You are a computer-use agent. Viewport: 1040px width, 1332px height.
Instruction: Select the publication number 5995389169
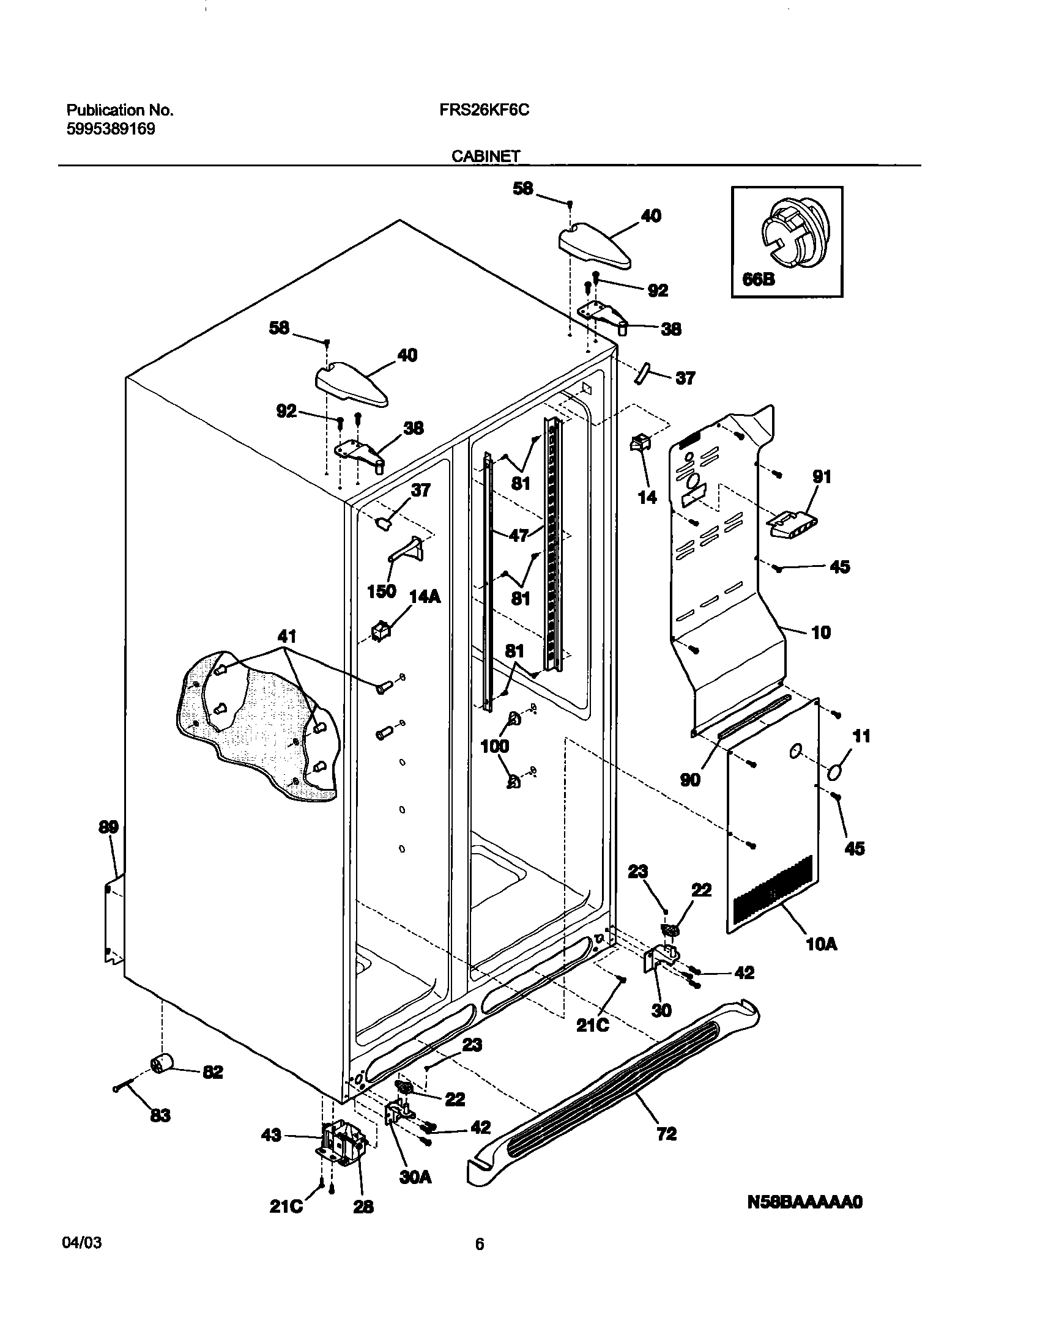point(110,129)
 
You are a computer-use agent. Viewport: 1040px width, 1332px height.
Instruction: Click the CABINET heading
point(486,157)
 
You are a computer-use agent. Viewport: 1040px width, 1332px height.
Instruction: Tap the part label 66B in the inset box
point(759,279)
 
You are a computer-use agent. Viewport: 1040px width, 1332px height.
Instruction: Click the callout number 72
point(666,1134)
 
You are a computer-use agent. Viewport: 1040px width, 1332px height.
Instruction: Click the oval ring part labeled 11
point(836,772)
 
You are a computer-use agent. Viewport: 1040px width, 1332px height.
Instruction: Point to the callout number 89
point(108,827)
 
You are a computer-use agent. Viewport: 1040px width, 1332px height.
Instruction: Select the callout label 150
point(381,591)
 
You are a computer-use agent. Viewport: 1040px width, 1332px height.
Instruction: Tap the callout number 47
point(519,536)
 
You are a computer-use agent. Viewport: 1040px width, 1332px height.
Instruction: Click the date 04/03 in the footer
point(82,1244)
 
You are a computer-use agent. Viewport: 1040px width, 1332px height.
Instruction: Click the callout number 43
point(271,1135)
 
